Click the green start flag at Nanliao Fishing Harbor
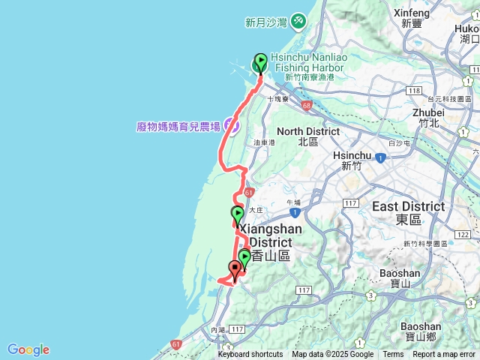260,62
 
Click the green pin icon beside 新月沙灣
298,22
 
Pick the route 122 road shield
465,235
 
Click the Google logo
28,349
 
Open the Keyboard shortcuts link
250,355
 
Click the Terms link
393,355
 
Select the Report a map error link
444,355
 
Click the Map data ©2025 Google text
332,355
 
